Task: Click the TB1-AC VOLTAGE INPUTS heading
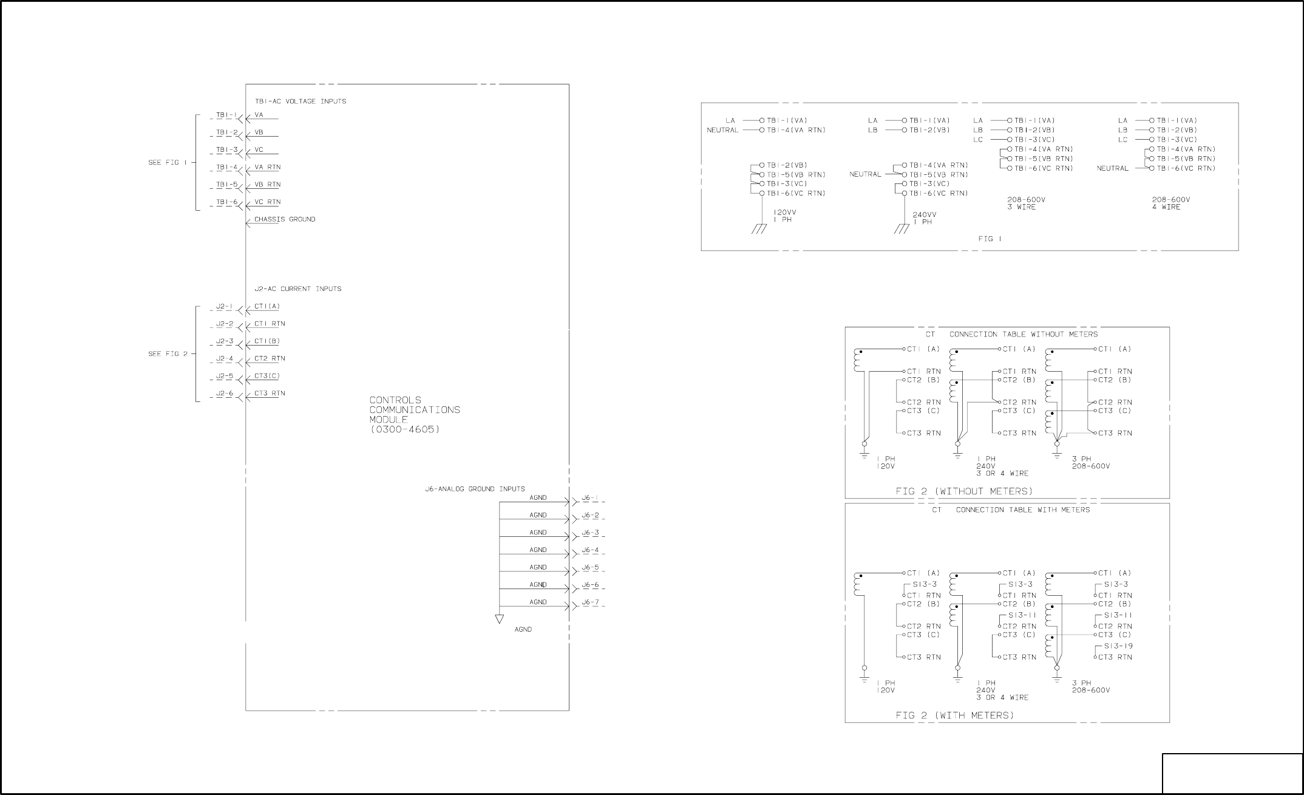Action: pos(301,101)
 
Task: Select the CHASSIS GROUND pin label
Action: pos(285,219)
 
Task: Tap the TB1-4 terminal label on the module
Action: pos(227,167)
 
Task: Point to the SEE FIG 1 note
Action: pos(168,163)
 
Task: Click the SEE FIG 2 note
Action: pos(168,354)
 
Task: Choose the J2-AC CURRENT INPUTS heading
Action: pos(297,289)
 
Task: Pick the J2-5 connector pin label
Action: pos(225,376)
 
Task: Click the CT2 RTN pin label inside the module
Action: pos(270,359)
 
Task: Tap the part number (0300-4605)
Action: pos(404,429)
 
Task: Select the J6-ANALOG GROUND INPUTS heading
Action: pos(475,489)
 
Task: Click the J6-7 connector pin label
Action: pos(590,602)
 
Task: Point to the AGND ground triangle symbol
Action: pos(499,619)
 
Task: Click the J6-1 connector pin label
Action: pos(590,498)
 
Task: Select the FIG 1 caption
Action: pos(990,239)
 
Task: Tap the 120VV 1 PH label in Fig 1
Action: pos(784,216)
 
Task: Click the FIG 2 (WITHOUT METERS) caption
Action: pos(964,491)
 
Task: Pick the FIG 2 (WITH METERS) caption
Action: pos(955,715)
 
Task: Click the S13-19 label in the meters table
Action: pos(1118,646)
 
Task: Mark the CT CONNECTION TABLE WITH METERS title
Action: pos(1011,510)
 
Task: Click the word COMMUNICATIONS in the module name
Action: pos(415,410)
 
